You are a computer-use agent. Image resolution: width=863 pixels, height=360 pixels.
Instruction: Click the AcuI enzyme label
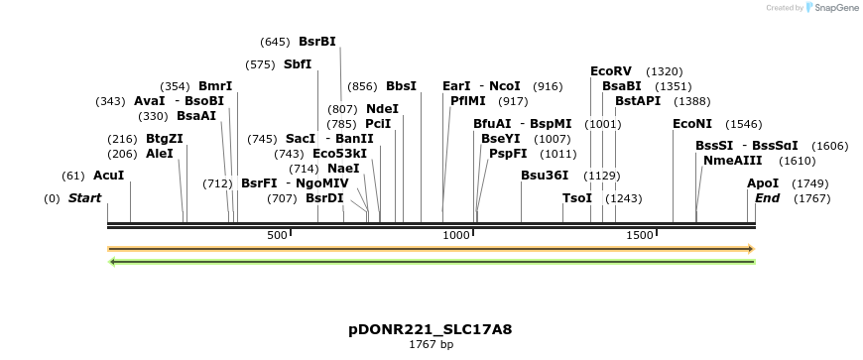point(108,176)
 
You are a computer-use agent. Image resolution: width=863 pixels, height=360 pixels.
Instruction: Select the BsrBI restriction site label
point(317,42)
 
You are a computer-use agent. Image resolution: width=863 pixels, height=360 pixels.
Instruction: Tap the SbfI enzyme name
point(298,64)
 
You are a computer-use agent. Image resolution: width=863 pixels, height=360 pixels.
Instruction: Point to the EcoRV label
point(610,71)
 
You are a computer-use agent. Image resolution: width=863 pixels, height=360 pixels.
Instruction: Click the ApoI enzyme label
point(763,183)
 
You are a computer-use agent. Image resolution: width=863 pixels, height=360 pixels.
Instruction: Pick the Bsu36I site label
point(545,176)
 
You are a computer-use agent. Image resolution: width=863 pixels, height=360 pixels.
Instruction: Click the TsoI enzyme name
point(576,198)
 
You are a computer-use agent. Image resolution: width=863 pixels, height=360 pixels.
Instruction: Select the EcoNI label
point(692,124)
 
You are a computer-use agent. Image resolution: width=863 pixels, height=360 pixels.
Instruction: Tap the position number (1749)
point(810,183)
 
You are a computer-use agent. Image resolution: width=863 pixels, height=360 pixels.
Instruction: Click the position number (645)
point(275,42)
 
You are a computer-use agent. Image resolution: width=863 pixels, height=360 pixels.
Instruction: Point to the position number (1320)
point(664,71)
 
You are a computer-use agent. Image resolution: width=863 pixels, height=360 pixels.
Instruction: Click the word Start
point(84,198)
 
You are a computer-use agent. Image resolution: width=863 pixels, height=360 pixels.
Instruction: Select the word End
point(767,198)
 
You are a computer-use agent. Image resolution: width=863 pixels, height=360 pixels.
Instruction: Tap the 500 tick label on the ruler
point(278,235)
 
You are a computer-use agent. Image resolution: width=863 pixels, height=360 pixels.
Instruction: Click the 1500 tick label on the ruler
point(640,235)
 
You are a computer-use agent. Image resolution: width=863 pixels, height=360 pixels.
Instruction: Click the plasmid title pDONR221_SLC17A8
point(431,328)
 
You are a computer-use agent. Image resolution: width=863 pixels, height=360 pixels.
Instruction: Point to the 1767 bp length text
point(431,344)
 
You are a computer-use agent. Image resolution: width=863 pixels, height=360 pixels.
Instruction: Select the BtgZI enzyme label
point(165,139)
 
